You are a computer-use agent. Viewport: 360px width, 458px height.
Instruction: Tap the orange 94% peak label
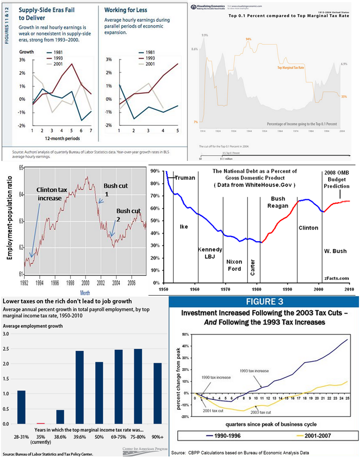(248, 39)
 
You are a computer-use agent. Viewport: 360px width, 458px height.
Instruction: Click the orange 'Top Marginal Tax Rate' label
(291, 67)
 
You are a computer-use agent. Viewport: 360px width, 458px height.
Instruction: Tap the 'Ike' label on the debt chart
(184, 226)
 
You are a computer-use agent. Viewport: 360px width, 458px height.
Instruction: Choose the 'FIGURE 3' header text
(264, 302)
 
